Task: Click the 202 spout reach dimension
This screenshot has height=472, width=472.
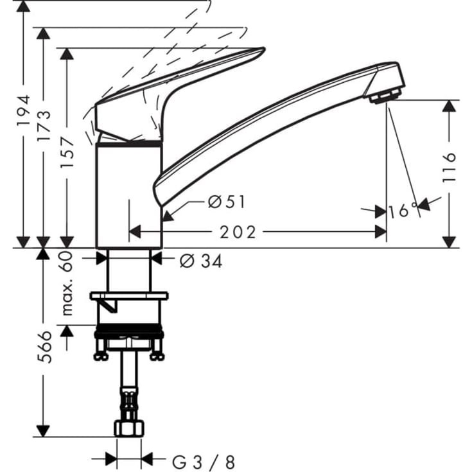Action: point(238,232)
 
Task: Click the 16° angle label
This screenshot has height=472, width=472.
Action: point(403,211)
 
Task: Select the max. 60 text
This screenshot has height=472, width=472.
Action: point(67,283)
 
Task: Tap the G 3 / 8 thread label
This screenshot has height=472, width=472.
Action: point(204,461)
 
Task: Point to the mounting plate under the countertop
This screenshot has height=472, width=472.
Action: point(129,297)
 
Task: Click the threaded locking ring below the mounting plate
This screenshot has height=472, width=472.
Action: point(129,333)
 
